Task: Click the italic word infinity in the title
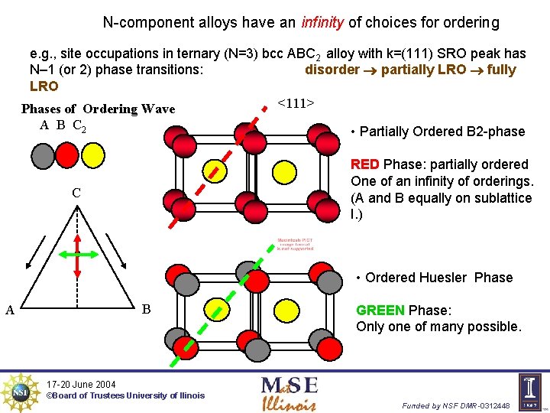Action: tap(322, 23)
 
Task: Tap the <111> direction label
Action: tap(296, 102)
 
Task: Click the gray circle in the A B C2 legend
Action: tap(44, 155)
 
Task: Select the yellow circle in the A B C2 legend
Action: tap(92, 155)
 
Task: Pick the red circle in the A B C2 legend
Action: tap(67, 155)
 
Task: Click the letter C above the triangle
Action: tap(76, 193)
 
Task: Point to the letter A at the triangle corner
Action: tap(10, 310)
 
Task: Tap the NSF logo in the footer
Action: tap(20, 392)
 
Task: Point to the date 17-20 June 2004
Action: tap(81, 384)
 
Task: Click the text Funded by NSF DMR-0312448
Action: tap(456, 405)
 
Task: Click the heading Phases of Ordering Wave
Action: tap(98, 109)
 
